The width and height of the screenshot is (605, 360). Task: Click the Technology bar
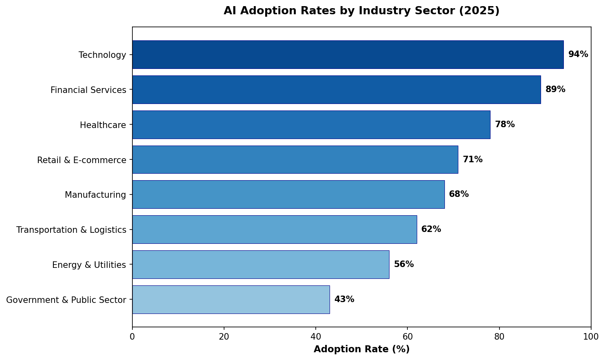pos(348,55)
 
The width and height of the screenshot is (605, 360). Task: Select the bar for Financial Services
pos(337,90)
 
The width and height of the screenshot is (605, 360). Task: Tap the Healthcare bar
pos(311,125)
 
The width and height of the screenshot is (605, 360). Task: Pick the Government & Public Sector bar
pos(231,300)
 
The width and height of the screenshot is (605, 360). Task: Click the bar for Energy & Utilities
pos(261,265)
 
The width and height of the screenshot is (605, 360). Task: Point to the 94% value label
pos(578,55)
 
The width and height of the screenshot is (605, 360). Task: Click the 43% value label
pos(344,300)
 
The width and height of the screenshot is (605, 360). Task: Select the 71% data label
pos(473,160)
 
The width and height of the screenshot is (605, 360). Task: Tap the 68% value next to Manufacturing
pos(459,194)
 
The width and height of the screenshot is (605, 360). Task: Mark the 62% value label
pos(431,230)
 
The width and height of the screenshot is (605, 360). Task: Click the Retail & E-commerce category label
pos(81,160)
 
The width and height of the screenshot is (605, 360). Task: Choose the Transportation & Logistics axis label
pos(71,230)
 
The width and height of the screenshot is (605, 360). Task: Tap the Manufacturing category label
pos(95,195)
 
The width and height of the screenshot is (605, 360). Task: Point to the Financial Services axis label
pos(88,90)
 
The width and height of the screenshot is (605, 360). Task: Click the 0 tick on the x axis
pos(132,337)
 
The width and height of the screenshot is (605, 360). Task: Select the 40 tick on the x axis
pos(316,337)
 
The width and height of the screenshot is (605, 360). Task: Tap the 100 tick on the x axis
pos(591,337)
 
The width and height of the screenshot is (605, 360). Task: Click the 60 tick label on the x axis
pos(407,337)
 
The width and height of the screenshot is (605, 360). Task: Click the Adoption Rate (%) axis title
pos(361,349)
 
